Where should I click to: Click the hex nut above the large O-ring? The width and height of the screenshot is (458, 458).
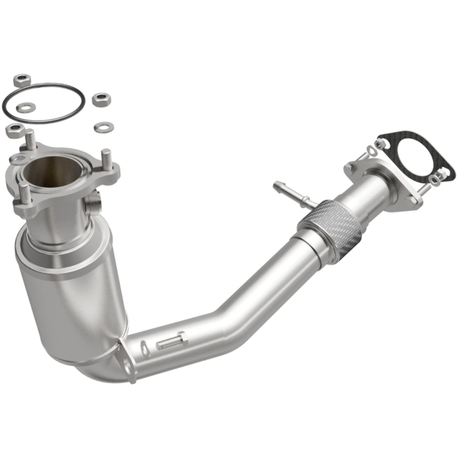point(20,82)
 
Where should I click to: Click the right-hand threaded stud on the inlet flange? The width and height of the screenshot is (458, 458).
point(106,160)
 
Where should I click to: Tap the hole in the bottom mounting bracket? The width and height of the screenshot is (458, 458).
point(127,365)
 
